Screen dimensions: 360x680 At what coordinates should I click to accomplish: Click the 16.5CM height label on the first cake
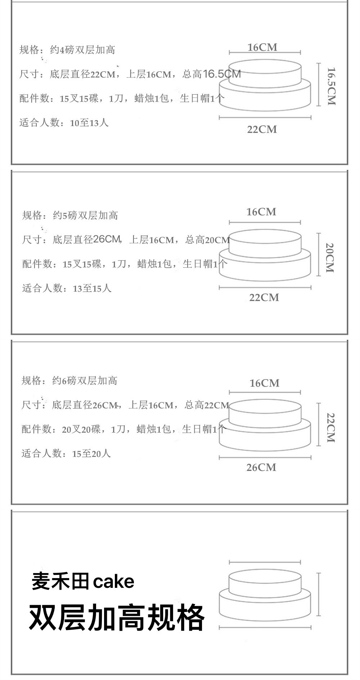331,86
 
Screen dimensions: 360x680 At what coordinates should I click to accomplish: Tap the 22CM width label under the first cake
262,130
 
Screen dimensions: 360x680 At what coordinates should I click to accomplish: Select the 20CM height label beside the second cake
330,258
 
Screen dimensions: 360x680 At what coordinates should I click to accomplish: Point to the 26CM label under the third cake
261,468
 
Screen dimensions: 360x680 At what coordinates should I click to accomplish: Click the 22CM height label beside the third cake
330,427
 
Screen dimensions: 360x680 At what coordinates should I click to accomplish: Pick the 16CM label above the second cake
261,212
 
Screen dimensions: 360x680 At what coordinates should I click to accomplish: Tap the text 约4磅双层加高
82,50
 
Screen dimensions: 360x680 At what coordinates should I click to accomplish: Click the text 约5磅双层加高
85,216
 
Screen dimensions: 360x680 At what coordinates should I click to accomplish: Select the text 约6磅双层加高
85,381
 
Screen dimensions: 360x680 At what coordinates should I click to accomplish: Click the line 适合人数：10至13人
64,123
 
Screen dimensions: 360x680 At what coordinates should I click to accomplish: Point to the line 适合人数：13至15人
67,288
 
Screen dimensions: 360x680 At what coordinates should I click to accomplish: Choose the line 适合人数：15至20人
66,454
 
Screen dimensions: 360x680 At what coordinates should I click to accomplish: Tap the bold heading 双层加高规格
116,618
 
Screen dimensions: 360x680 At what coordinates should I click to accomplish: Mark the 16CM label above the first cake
262,48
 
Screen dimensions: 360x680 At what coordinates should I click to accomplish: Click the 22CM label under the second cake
264,298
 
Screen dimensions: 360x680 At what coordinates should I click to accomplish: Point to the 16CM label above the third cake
265,383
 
